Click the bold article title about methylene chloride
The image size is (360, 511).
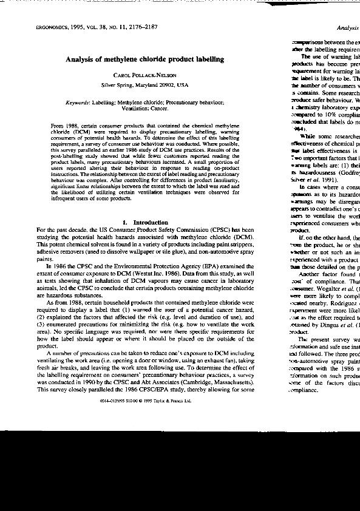[x=144, y=59]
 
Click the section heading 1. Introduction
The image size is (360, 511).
[x=145, y=222]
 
